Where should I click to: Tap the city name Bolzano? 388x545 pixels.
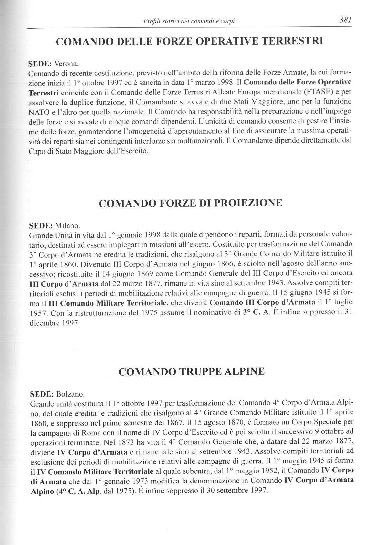(70, 394)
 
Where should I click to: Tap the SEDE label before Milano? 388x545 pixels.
(41, 225)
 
